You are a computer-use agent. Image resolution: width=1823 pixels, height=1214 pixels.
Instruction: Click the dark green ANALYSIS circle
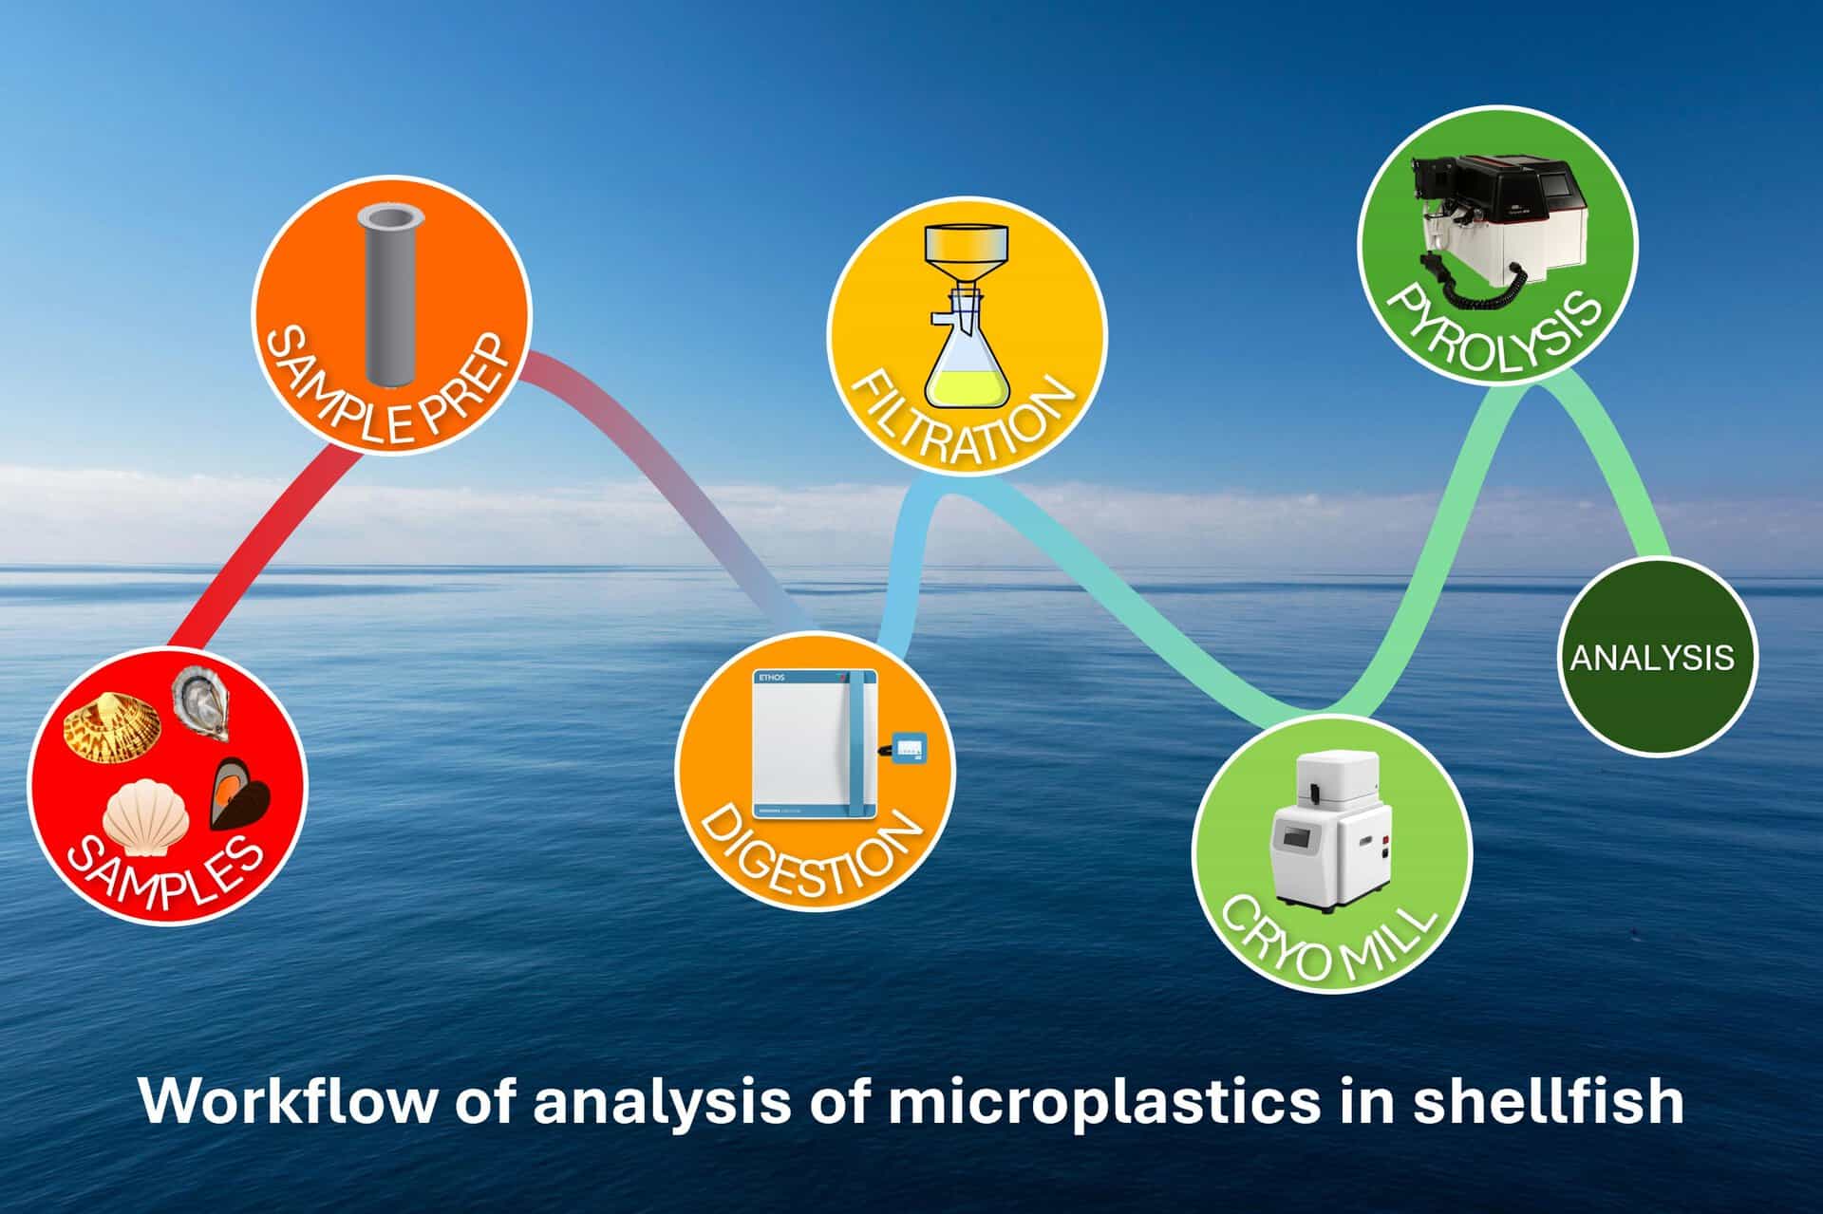pyautogui.click(x=1653, y=657)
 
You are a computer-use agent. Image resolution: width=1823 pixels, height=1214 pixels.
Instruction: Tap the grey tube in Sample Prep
pyautogui.click(x=392, y=297)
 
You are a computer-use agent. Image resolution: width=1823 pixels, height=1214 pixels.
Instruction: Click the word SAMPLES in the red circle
pyautogui.click(x=167, y=873)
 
